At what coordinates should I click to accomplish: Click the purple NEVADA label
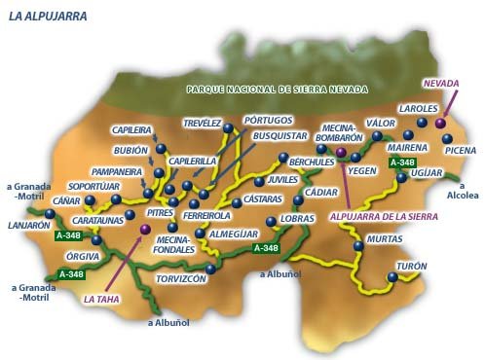tap(439, 84)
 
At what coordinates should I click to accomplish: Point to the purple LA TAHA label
tap(102, 300)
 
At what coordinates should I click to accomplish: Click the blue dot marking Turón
tap(392, 276)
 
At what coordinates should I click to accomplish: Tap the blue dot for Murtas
tap(359, 247)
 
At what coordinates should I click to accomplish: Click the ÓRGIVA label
tap(82, 257)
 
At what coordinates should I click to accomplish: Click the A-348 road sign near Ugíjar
tap(401, 162)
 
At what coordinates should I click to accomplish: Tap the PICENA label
tap(461, 151)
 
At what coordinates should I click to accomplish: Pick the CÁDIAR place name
tap(321, 193)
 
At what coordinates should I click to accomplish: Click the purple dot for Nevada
tap(439, 124)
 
